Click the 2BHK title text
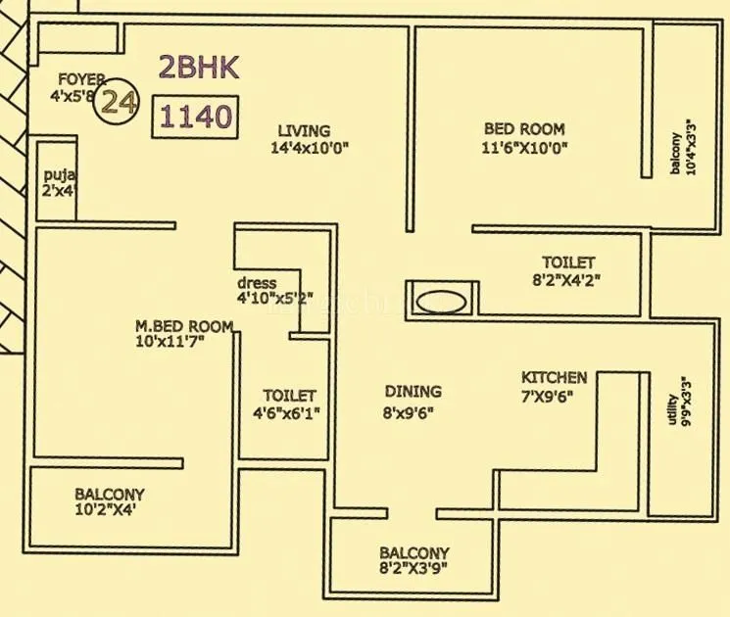200,68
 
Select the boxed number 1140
196,118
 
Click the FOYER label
80,79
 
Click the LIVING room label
304,130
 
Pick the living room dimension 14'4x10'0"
310,148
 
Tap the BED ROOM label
524,129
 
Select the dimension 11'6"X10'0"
524,148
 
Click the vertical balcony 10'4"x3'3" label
683,147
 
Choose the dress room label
257,283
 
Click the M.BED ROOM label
184,326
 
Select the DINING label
412,392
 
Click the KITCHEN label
554,377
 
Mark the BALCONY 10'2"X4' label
109,502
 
